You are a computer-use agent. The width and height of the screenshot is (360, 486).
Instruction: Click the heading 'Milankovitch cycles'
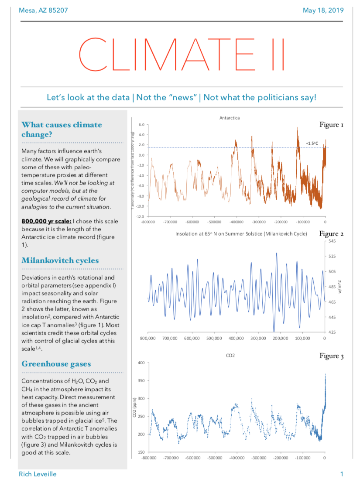[x=60, y=260]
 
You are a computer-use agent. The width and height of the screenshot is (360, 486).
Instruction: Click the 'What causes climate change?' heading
[x=62, y=130]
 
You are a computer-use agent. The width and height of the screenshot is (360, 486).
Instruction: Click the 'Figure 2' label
[x=331, y=234]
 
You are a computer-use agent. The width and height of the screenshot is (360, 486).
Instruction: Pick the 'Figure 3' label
[x=331, y=356]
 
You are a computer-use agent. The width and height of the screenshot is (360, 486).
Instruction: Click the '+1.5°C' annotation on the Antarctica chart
[x=312, y=143]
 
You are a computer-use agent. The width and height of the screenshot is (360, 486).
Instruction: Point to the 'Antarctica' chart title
[x=230, y=118]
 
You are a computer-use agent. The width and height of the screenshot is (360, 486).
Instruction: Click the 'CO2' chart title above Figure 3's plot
[x=230, y=356]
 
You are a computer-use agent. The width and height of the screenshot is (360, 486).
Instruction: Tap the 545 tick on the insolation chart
[x=332, y=240]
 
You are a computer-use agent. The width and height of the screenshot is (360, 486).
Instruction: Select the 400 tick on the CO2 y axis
[x=140, y=363]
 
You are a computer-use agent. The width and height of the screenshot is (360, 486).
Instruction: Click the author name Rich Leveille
[x=38, y=474]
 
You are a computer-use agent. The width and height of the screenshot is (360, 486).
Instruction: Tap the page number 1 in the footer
[x=342, y=474]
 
